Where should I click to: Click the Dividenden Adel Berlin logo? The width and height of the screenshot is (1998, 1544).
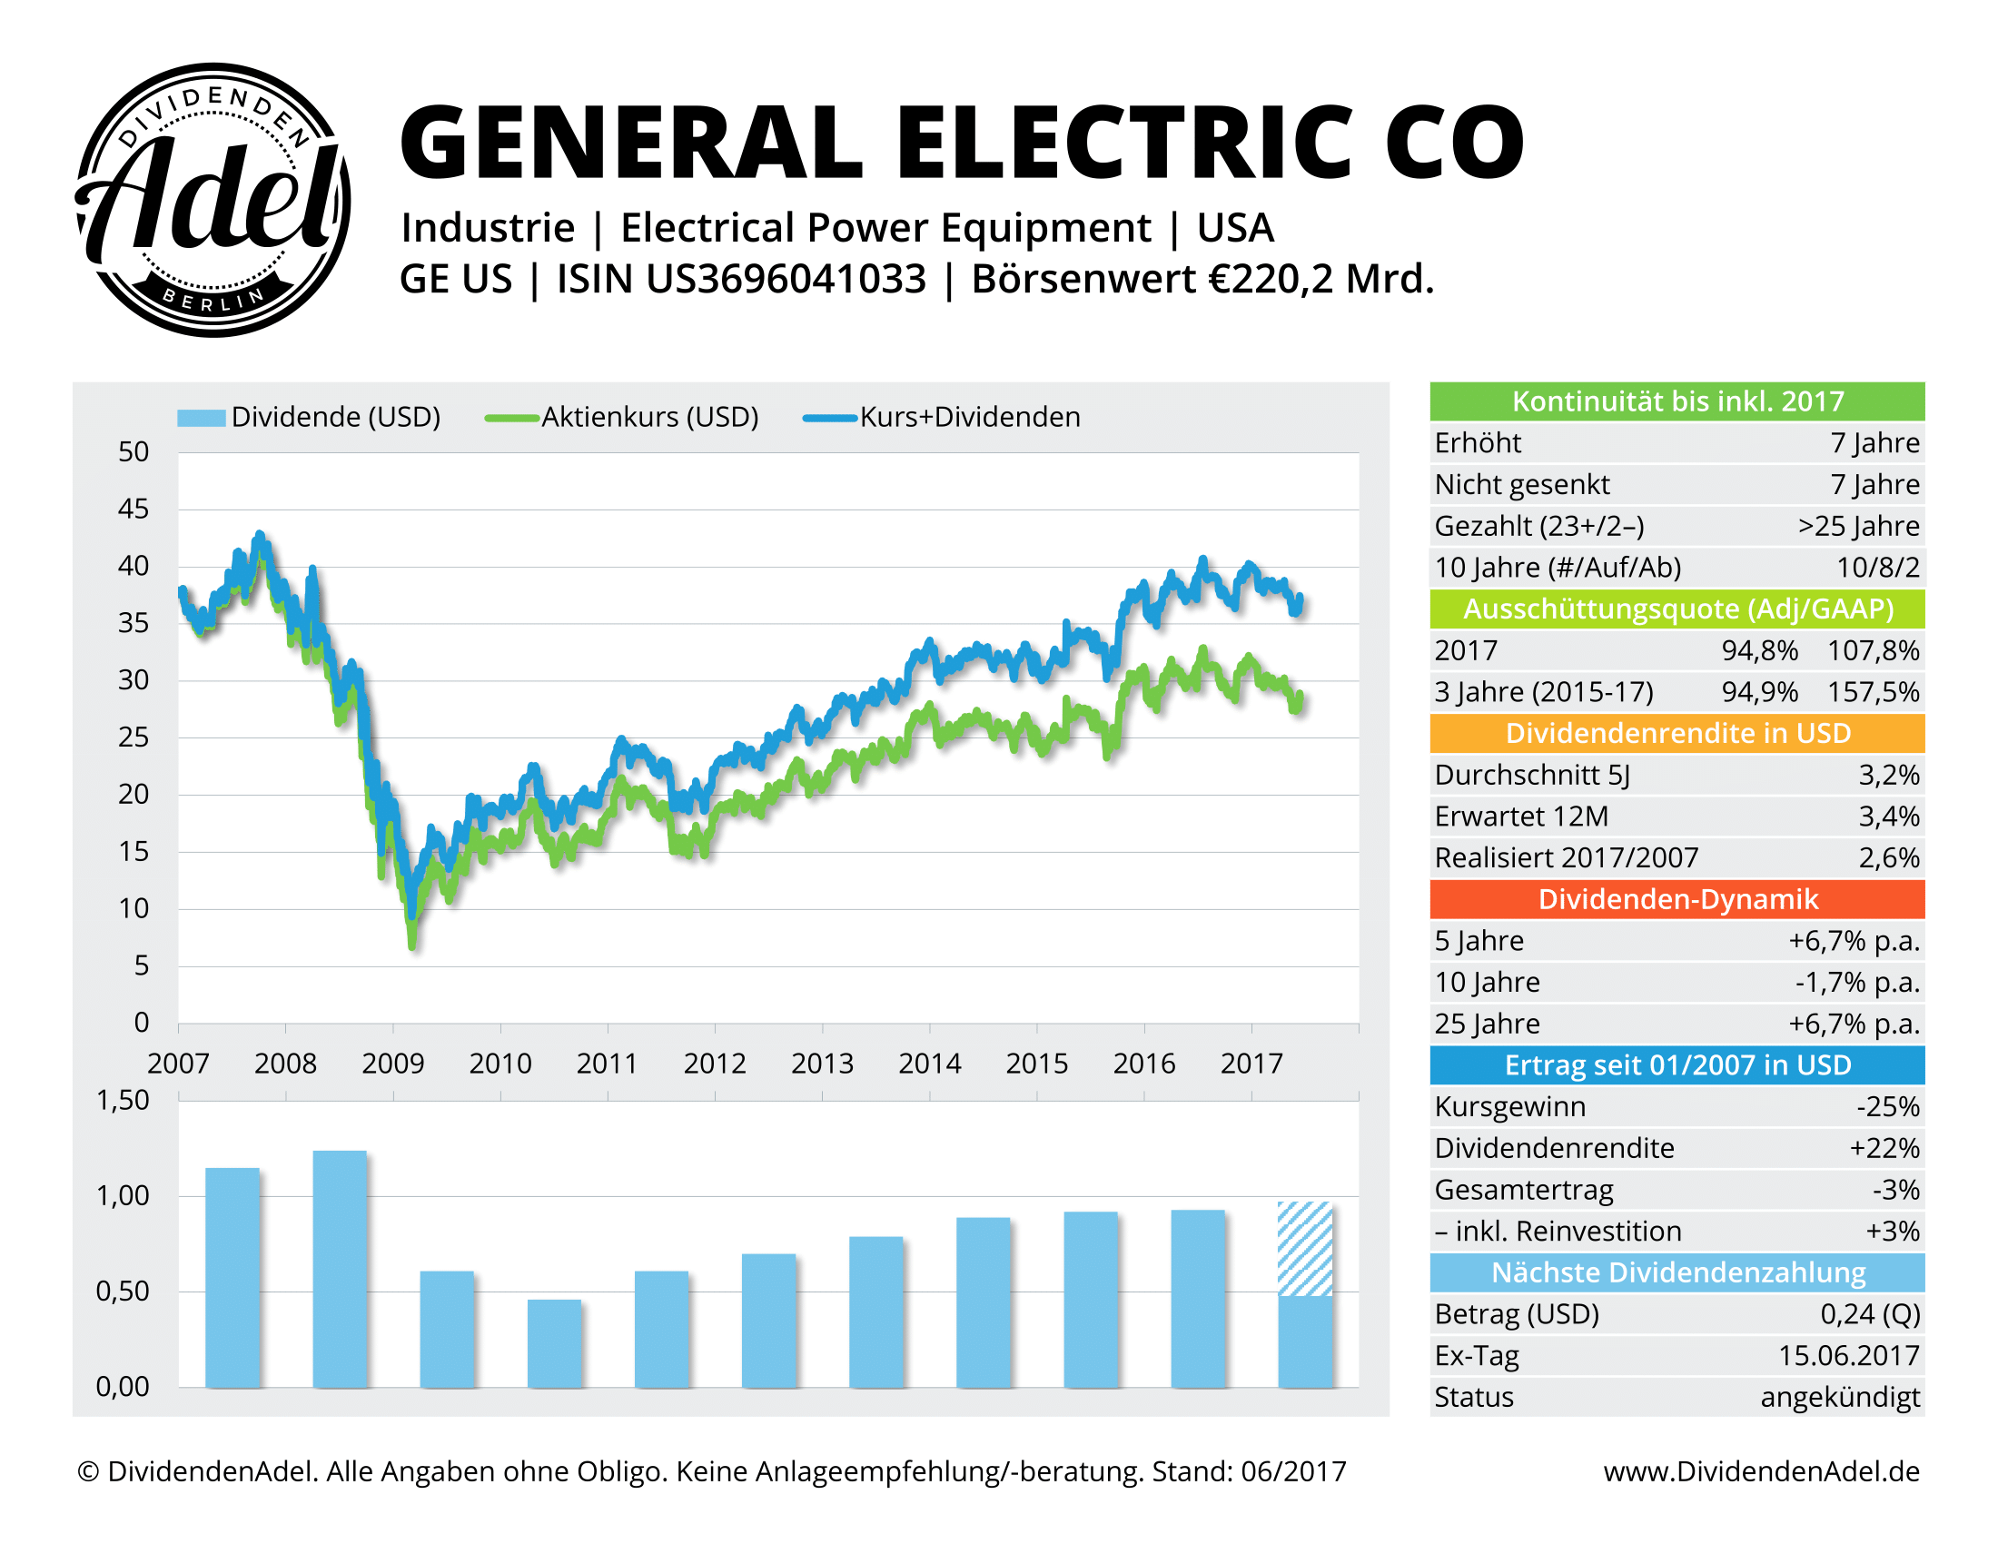[213, 200]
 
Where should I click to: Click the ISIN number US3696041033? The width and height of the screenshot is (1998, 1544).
[786, 279]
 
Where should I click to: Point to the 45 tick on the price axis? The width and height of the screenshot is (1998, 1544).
[134, 510]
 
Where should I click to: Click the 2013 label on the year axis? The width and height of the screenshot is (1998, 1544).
[822, 1064]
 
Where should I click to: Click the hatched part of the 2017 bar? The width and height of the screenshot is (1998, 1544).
[1304, 1248]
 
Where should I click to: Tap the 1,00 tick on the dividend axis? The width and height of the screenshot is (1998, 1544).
[123, 1195]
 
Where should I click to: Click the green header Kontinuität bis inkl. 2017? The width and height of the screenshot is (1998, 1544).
[1676, 401]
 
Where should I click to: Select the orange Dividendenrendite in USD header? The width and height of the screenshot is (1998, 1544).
[1676, 734]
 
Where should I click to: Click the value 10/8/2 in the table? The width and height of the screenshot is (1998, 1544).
[1877, 568]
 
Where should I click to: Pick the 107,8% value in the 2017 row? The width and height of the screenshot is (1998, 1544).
[1873, 651]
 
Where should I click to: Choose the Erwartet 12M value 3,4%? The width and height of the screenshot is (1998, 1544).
[1888, 817]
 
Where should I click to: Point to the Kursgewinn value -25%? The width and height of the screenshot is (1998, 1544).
[1887, 1107]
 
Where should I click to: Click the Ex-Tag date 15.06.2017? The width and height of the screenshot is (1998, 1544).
[1848, 1356]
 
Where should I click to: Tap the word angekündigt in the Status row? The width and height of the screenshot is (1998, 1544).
[1840, 1398]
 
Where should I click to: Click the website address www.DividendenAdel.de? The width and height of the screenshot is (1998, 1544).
[1761, 1471]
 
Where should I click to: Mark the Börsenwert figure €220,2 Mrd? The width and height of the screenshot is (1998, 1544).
[1321, 279]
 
